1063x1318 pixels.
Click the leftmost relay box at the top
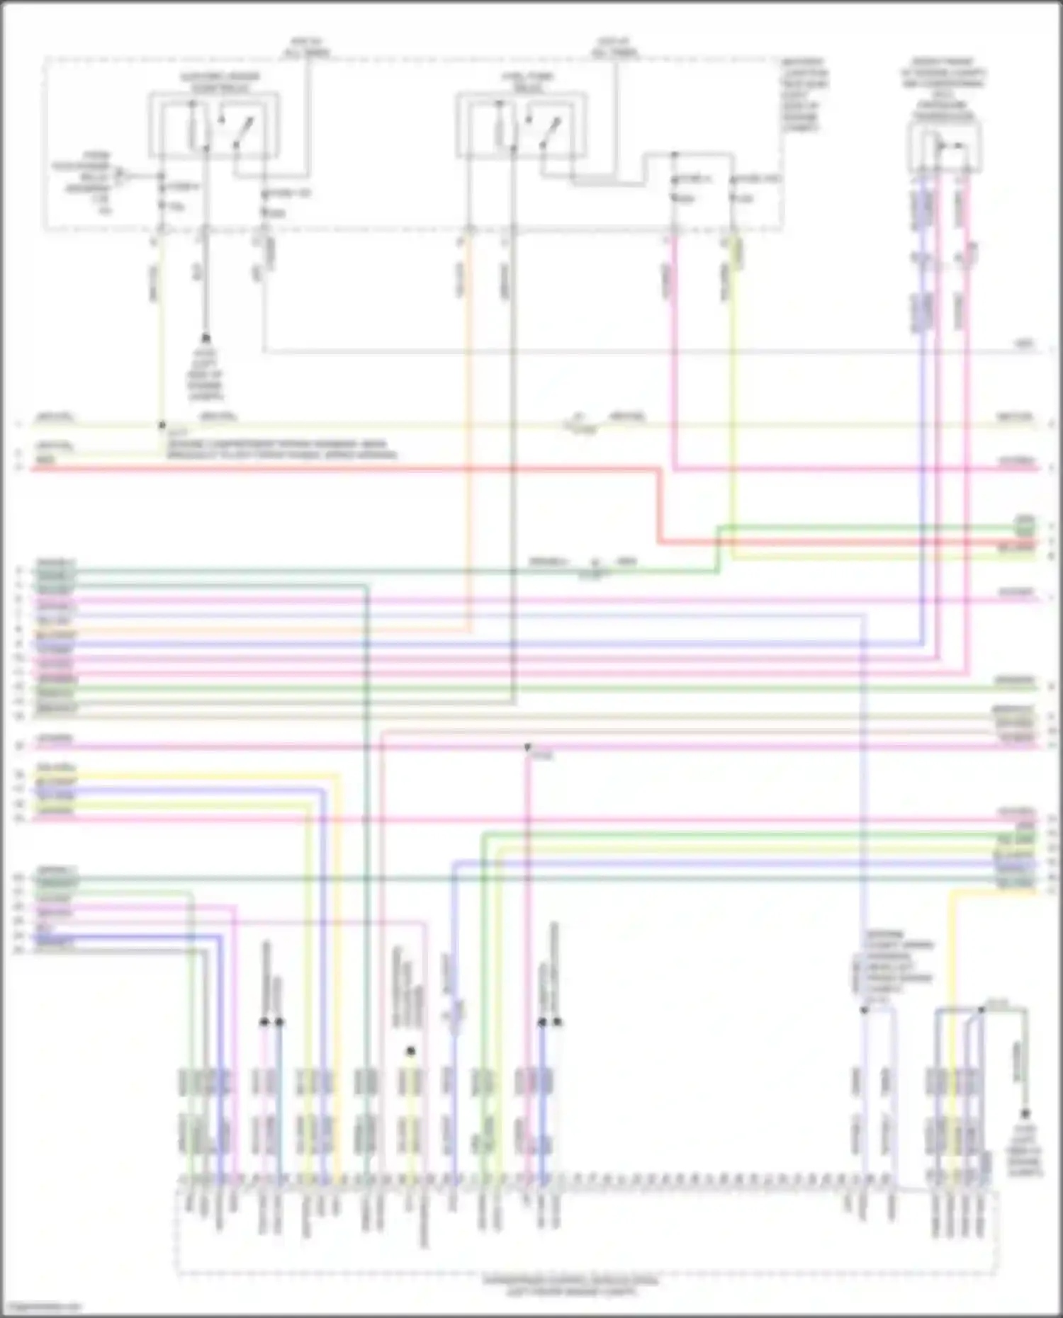click(213, 125)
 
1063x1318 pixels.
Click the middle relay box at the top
click(521, 125)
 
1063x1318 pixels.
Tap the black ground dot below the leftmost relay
click(206, 339)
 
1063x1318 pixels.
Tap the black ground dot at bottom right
click(1025, 1113)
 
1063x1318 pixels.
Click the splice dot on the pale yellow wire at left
click(162, 425)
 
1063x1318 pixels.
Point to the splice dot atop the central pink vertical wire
click(527, 747)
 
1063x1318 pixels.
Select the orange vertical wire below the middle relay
click(468, 425)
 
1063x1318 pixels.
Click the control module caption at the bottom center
click(570, 1285)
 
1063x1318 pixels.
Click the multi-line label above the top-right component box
click(944, 89)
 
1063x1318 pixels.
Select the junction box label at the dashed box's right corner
click(804, 96)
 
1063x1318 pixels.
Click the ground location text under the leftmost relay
click(206, 375)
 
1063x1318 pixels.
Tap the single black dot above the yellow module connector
click(410, 1051)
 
